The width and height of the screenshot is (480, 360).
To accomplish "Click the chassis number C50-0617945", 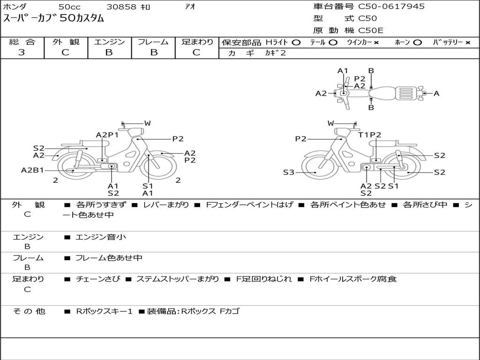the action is point(391,7).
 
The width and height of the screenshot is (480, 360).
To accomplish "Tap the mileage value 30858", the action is point(121,7).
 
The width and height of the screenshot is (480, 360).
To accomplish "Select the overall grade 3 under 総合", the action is point(22,52).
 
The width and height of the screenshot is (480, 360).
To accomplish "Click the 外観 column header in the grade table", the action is point(66,42).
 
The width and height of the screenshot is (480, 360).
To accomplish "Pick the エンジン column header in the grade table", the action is point(109,42).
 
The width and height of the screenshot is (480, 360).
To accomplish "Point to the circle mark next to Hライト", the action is point(296,43).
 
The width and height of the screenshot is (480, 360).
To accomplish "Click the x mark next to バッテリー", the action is point(468,43).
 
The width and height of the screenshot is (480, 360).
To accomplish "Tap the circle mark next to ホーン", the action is point(417,43).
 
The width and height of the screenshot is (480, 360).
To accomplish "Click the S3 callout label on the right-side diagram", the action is point(289,172).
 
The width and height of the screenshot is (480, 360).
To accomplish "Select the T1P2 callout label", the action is point(370,135).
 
